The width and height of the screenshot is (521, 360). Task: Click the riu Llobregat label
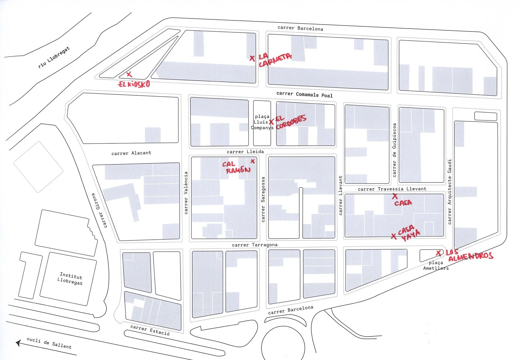[x=54, y=57]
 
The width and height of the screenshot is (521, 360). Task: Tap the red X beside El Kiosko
[x=129, y=74]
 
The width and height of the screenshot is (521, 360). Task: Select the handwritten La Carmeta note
[x=275, y=60]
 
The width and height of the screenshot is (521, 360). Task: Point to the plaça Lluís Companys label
[x=262, y=122]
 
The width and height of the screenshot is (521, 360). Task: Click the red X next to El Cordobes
[x=271, y=122]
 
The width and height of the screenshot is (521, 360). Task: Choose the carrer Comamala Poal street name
[x=304, y=94]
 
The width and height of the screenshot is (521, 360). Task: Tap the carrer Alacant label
[x=131, y=153]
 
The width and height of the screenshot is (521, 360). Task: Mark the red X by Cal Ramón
[x=253, y=161]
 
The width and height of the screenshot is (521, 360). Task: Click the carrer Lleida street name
[x=245, y=152]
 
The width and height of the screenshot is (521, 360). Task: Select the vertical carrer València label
[x=186, y=193]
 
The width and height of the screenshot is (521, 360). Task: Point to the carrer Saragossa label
[x=263, y=199]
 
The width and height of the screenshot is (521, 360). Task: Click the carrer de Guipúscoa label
[x=394, y=150]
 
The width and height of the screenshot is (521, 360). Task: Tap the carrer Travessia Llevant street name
[x=392, y=189]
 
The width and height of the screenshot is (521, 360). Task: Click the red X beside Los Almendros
[x=439, y=253]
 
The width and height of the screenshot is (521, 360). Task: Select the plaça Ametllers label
[x=436, y=265]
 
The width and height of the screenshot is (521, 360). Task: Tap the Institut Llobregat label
[x=70, y=278]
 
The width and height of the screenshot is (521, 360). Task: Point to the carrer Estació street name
[x=150, y=330]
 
